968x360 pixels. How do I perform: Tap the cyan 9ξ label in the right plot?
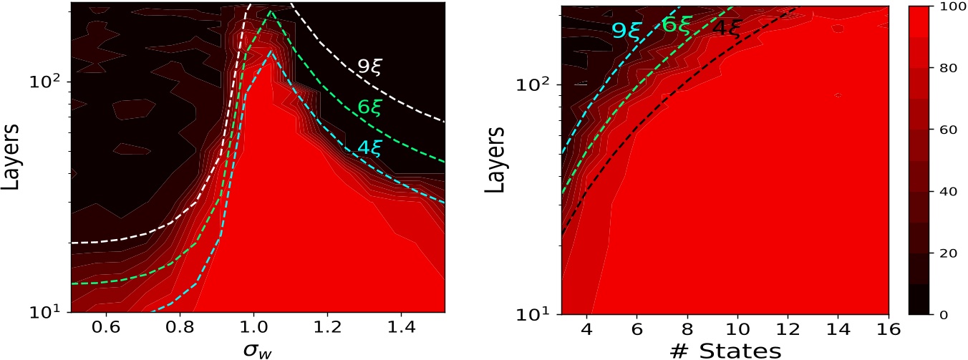click(x=625, y=30)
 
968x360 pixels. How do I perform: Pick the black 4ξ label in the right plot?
click(x=727, y=29)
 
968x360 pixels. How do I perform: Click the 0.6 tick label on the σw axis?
click(x=107, y=327)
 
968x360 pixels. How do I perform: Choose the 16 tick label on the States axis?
click(x=888, y=327)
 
